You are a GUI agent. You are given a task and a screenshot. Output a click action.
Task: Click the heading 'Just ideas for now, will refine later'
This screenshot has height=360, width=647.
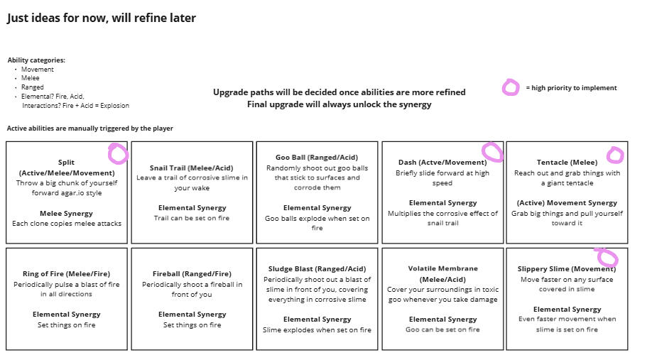click(x=102, y=18)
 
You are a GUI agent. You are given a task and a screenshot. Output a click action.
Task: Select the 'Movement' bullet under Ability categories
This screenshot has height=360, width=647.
click(x=37, y=70)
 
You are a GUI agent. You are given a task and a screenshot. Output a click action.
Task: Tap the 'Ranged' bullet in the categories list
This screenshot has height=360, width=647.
click(x=32, y=87)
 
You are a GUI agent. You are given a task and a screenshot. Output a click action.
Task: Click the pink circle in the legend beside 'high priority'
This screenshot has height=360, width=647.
click(x=511, y=88)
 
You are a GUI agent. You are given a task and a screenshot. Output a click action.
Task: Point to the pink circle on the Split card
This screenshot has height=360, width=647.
click(x=118, y=153)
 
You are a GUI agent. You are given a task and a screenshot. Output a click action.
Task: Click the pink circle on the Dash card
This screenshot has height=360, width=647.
click(x=492, y=151)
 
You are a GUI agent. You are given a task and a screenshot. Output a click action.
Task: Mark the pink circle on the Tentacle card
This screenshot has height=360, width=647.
click(x=615, y=155)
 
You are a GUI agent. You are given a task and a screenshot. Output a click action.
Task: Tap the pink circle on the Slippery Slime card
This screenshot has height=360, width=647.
click(x=606, y=257)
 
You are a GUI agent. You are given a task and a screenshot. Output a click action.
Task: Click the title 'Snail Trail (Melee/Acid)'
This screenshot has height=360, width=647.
click(x=192, y=168)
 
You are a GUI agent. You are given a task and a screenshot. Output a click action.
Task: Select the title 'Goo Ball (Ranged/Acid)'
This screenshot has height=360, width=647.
click(x=317, y=158)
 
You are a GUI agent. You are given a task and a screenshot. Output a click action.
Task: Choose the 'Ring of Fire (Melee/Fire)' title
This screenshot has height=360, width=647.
click(x=66, y=274)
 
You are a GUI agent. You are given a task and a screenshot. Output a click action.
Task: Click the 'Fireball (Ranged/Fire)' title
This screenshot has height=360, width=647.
click(x=192, y=274)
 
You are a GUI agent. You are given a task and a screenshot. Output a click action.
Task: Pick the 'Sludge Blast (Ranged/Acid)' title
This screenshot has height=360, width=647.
click(x=317, y=269)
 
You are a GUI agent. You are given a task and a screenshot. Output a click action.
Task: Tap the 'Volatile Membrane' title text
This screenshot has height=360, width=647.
click(x=442, y=269)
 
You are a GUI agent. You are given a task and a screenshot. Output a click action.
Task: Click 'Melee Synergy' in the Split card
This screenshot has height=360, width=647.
click(x=66, y=213)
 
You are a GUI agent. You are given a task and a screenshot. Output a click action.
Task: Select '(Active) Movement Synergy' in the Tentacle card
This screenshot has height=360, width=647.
click(x=567, y=203)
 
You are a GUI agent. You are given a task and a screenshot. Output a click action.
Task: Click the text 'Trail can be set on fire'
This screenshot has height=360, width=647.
click(x=192, y=218)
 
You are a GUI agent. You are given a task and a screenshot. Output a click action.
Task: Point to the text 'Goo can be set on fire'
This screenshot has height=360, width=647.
click(x=442, y=329)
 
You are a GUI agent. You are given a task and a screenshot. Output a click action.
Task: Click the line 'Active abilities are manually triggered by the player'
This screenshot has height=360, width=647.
click(x=90, y=129)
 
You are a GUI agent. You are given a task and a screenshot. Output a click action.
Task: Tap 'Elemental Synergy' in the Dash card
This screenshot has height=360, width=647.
click(x=442, y=203)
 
